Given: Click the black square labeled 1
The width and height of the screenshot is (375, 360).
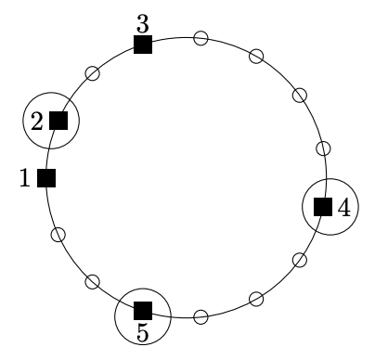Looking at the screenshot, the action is [46, 178].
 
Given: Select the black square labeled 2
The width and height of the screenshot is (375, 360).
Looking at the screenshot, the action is [58, 121].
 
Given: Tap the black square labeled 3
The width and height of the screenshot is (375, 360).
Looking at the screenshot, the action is [143, 45].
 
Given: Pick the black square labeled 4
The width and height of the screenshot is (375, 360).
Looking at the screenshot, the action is [323, 207].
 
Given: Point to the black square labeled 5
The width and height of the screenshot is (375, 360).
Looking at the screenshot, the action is [143, 311].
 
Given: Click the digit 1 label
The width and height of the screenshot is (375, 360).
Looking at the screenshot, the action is [25, 178].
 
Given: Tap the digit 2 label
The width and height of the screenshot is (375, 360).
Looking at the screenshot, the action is [37, 122].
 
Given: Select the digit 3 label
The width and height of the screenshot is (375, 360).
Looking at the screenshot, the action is [143, 24].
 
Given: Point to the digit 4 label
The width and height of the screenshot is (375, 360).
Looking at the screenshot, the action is [344, 207].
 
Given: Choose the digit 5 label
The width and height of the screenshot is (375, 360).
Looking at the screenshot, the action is [143, 333].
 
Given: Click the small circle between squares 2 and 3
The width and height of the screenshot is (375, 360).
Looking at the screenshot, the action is [93, 73].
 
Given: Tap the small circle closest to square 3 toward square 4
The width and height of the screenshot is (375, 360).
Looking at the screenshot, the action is [200, 38].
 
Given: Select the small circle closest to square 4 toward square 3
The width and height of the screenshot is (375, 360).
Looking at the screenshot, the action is [323, 148].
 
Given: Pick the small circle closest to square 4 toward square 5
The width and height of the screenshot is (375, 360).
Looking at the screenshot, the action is [300, 260].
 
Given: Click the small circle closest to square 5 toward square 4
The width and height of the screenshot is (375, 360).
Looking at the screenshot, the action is [200, 316].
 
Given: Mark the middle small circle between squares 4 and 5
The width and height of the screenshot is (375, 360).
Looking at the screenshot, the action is [256, 299].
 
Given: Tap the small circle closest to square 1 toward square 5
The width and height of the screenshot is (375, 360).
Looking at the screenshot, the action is [58, 235].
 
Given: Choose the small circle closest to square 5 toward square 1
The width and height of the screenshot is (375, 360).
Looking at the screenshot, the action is [93, 282].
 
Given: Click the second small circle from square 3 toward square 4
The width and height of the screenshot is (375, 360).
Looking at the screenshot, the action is [256, 57].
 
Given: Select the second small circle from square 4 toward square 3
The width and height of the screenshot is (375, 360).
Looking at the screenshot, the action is [300, 95].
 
